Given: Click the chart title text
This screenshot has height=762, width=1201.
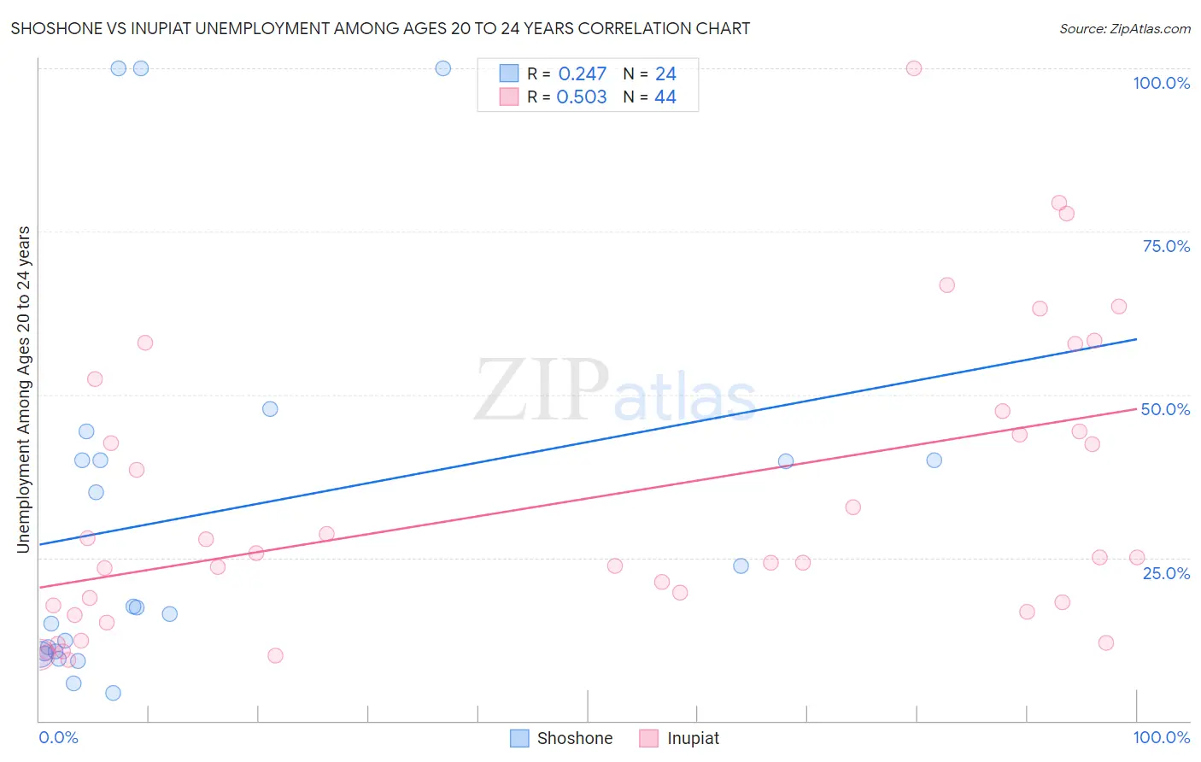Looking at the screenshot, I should pyautogui.click(x=380, y=28).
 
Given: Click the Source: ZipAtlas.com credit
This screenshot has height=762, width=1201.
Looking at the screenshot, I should pyautogui.click(x=1124, y=28).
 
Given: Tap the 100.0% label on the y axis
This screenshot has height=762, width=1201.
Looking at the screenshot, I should pyautogui.click(x=1161, y=83).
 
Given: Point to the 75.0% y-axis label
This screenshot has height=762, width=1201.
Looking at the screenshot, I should pyautogui.click(x=1166, y=246).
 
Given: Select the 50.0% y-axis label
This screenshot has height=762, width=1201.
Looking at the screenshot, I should pyautogui.click(x=1165, y=409).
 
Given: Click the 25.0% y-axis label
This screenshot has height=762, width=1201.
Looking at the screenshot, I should pyautogui.click(x=1166, y=572).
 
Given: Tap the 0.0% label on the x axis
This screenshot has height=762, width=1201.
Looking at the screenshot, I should pyautogui.click(x=58, y=737).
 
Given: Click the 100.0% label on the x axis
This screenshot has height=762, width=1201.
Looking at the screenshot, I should pyautogui.click(x=1161, y=737).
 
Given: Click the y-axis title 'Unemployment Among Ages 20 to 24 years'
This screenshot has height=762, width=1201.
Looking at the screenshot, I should pyautogui.click(x=24, y=390).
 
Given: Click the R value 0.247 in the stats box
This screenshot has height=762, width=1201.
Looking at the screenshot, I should pyautogui.click(x=582, y=73).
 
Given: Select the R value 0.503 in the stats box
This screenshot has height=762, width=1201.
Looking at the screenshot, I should pyautogui.click(x=582, y=97).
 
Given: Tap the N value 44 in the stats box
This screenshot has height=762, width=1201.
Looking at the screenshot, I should pyautogui.click(x=665, y=97).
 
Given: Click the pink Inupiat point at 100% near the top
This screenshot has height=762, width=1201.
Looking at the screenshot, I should pyautogui.click(x=914, y=68).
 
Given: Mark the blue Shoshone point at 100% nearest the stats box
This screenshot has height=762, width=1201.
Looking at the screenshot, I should pyautogui.click(x=443, y=68).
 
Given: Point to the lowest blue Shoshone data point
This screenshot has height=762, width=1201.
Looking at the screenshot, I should pyautogui.click(x=113, y=693).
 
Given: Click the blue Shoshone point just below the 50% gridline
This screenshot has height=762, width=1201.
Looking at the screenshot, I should pyautogui.click(x=270, y=409).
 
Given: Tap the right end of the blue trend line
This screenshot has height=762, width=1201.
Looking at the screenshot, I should pyautogui.click(x=1136, y=339).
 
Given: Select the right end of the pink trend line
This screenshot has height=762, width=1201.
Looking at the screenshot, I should pyautogui.click(x=1136, y=409).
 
